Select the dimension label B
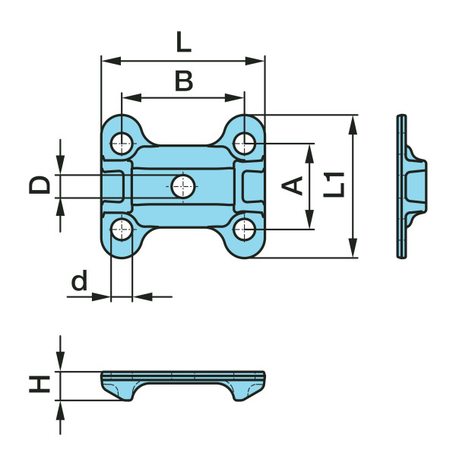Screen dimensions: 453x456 pyautogui.click(x=183, y=81)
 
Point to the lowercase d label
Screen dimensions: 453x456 pyautogui.click(x=78, y=282)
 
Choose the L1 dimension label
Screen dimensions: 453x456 pyautogui.click(x=335, y=185)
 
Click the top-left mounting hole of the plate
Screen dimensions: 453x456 pyautogui.click(x=122, y=141)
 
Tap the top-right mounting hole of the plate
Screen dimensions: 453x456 pyautogui.click(x=244, y=141)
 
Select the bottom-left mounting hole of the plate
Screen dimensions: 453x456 pyautogui.click(x=122, y=228)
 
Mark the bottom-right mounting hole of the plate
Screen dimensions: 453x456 pyautogui.click(x=244, y=228)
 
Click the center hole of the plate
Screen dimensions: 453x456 pyautogui.click(x=183, y=185)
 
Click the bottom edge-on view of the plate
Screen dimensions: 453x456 pyautogui.click(x=183, y=384)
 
